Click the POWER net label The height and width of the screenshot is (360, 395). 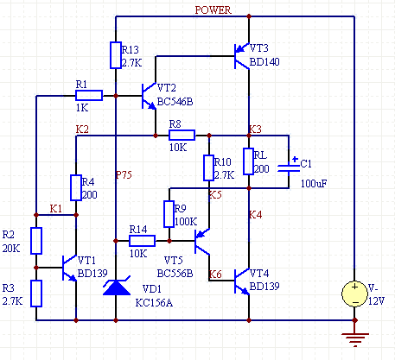coord(213,10)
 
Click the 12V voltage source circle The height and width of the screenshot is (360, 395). coord(354,294)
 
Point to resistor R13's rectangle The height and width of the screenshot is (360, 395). coord(116,55)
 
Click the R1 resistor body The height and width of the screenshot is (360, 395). coord(89,95)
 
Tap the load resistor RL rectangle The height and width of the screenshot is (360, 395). coord(248,161)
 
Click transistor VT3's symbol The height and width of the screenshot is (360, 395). coord(242,56)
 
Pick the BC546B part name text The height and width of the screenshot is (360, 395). coord(175,102)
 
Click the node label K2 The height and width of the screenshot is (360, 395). coord(82,129)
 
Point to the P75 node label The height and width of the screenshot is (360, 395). coord(124,174)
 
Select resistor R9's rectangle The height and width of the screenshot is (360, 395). coord(169,214)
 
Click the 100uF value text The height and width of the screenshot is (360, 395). coord(314,184)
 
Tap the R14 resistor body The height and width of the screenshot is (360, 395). coord(142,241)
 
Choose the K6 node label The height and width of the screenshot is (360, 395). coord(215,275)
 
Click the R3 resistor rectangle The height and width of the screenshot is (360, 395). coord(36,294)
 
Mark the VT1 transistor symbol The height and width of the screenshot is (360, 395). coord(70,268)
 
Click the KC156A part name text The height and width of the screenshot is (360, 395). coord(154,303)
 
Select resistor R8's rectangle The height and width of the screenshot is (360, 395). coord(182,135)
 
